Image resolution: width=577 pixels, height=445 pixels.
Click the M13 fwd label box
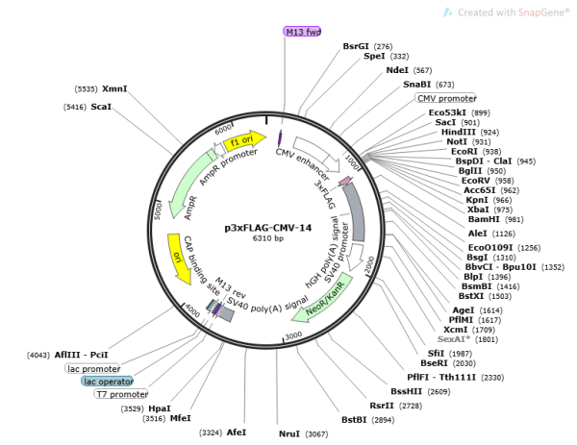(x=301, y=32)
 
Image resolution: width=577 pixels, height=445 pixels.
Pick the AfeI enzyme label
(x=237, y=433)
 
